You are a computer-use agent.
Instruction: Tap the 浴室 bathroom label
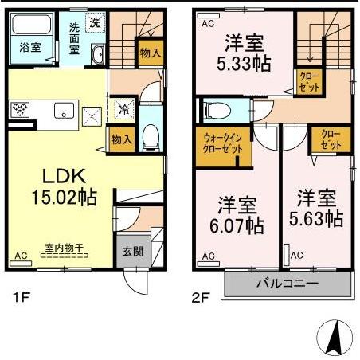tap(27, 47)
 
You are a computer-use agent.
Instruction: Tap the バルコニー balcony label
tap(287, 284)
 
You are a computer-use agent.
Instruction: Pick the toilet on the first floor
tap(148, 136)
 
